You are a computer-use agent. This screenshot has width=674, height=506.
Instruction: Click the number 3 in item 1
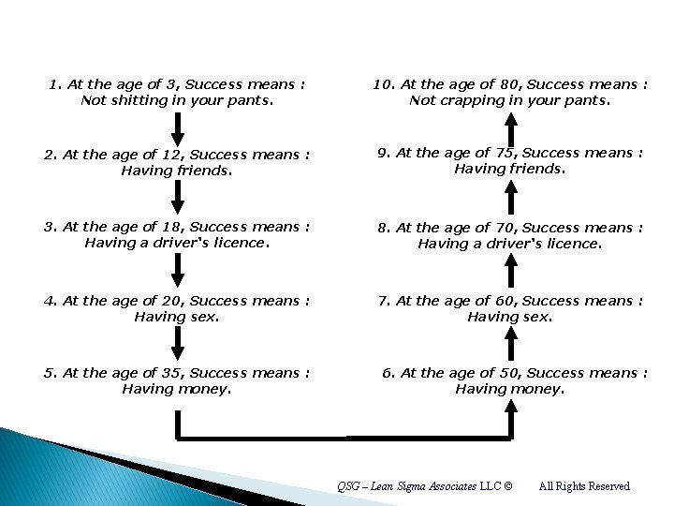pos(156,84)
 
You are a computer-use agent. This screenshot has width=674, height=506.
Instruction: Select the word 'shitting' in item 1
pos(139,100)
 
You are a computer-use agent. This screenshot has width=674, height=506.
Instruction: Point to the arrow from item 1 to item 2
pos(176,127)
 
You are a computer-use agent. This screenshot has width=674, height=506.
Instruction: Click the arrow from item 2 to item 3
pos(176,197)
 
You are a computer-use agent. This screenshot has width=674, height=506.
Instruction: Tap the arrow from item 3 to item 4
pos(177,270)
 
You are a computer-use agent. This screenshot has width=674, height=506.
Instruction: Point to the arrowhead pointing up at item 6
pos(510,406)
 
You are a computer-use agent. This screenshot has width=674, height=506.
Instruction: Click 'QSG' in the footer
pos(348,486)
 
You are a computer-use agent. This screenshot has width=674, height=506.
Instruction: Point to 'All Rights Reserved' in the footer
pos(584,486)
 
